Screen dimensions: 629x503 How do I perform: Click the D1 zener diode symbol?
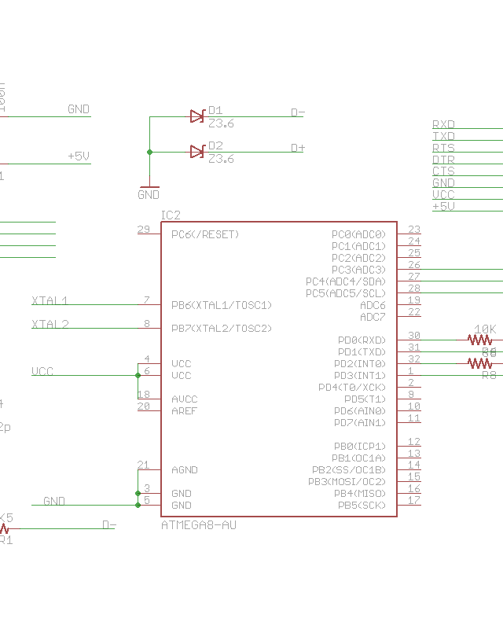pos(197,116)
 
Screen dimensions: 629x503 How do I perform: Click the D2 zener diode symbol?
pos(197,151)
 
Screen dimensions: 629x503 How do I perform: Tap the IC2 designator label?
pos(171,215)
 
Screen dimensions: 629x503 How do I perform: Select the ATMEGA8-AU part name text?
pos(198,525)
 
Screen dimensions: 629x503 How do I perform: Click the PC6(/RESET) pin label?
pos(205,234)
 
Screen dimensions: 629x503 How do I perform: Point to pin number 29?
pos(143,230)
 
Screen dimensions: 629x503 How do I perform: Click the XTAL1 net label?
pos(50,300)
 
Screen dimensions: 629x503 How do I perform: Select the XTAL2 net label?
pos(50,324)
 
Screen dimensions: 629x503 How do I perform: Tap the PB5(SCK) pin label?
pos(362,505)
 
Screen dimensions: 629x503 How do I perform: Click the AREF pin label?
pos(184,410)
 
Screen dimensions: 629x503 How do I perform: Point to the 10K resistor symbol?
pos(479,340)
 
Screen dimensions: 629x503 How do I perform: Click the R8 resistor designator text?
pos(489,375)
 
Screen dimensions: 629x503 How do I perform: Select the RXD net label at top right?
pos(443,124)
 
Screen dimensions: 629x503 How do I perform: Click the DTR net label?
pos(443,160)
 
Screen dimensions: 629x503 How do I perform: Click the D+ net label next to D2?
pos(298,148)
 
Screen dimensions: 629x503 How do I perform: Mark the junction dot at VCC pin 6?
pos(138,375)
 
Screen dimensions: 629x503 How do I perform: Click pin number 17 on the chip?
pos(413,500)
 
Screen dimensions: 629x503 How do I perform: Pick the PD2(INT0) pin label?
pos(360,364)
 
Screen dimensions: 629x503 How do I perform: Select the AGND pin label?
pos(184,470)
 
